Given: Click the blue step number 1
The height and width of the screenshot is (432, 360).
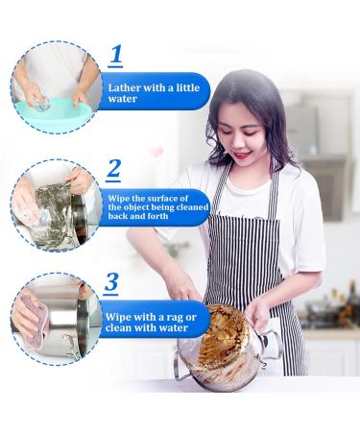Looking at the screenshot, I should (117, 55).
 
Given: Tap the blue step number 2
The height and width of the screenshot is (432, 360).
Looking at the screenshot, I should (114, 170).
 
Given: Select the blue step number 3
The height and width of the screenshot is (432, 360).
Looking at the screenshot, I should (112, 282).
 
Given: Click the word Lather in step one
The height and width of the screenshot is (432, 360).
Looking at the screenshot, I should (127, 87).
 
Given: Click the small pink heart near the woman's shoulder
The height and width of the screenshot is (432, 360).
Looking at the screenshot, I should (156, 152).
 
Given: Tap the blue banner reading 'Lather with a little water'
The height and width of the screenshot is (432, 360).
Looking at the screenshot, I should (154, 92).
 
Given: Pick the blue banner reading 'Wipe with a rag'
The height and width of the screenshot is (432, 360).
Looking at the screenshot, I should (154, 320).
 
